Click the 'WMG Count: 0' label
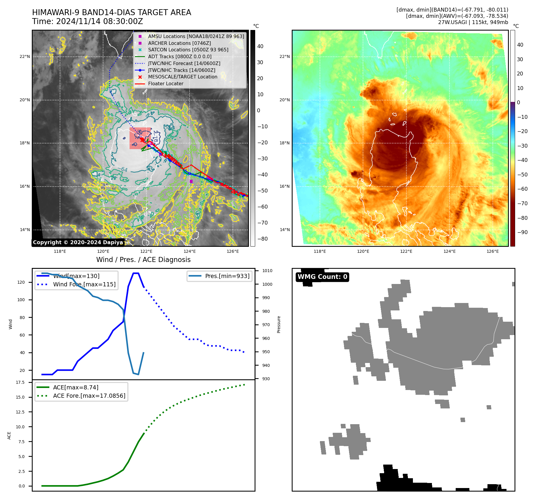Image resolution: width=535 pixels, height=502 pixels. tap(322, 277)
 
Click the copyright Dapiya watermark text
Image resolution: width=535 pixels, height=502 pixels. tap(78, 242)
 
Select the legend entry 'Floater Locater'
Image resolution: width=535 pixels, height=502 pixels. tap(165, 84)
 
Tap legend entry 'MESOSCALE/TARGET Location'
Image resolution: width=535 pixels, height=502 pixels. tap(182, 77)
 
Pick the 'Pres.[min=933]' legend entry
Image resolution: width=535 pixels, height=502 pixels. tap(227, 276)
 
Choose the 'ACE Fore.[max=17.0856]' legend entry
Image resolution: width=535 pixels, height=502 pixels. tap(89, 396)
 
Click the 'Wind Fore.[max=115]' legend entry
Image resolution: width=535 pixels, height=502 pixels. tap(84, 285)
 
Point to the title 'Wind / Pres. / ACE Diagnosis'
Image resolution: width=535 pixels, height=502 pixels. tap(143, 260)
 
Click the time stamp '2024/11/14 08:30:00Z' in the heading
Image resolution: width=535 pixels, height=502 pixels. tap(99, 22)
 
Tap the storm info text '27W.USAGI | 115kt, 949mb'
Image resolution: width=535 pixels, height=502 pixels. tap(473, 22)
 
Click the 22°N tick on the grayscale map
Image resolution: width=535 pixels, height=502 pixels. tap(25, 57)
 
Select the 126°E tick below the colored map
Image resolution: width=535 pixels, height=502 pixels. tap(493, 252)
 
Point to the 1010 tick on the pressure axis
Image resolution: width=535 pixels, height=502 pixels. tap(267, 271)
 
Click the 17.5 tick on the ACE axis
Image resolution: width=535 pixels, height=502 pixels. tap(20, 383)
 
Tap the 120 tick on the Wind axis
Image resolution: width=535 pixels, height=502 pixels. tap(21, 282)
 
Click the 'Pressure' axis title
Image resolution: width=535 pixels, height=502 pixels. tap(279, 324)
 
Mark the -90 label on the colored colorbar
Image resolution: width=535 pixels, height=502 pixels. tap(522, 232)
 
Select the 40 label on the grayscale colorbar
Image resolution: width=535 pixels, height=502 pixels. tap(260, 46)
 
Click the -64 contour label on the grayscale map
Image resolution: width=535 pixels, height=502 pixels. tap(122, 170)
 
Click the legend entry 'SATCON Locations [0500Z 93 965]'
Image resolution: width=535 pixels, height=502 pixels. tap(188, 50)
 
